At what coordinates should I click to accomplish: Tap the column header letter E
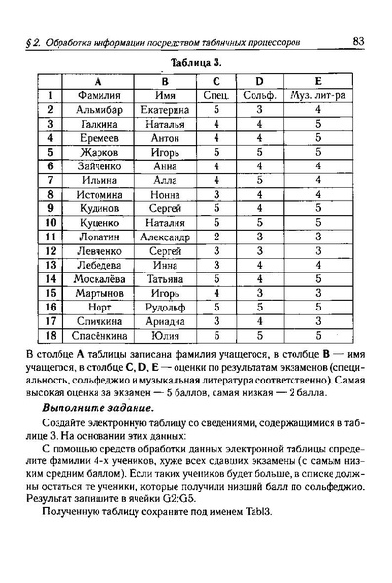click(319, 81)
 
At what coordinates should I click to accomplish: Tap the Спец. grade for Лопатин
click(216, 237)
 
